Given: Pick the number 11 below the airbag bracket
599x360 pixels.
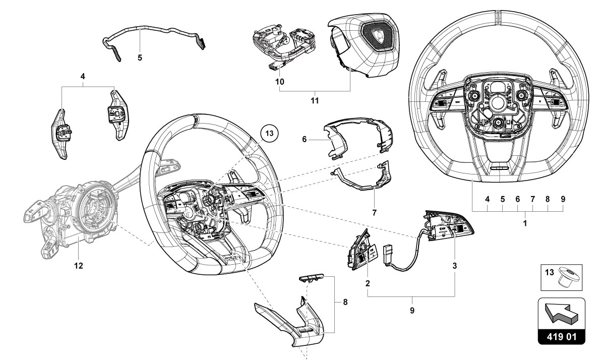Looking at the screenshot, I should click(315, 101).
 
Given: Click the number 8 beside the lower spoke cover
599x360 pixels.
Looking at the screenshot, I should click(345, 303).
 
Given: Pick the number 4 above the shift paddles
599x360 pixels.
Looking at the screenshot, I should click(83, 77).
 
